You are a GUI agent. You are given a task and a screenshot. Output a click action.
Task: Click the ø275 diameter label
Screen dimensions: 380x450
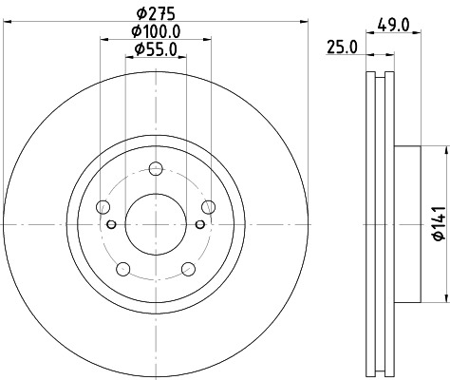(156, 13)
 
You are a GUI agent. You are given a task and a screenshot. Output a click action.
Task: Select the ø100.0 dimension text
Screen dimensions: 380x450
(156, 31)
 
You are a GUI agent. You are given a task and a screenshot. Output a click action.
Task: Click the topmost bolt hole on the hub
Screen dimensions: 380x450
(156, 170)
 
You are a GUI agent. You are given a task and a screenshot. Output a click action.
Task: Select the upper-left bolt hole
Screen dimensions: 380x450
(104, 207)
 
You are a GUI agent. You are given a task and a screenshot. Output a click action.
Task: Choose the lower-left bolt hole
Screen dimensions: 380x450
(123, 269)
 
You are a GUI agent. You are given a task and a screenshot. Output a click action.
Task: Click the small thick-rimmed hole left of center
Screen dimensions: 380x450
(112, 224)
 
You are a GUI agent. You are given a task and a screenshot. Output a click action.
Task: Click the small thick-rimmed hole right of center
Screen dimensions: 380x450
(199, 224)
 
